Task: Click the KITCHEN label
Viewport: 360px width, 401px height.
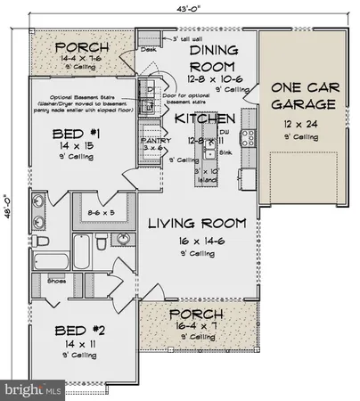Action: coord(204,119)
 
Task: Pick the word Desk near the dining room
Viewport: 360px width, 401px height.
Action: coord(148,50)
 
